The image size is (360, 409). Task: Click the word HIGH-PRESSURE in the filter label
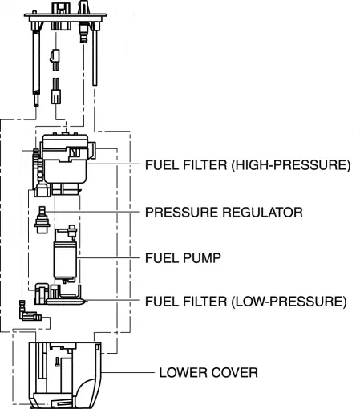(x=291, y=165)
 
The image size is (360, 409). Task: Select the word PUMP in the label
(x=202, y=258)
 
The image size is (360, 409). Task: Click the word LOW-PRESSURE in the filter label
(x=289, y=302)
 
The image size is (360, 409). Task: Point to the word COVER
(x=234, y=373)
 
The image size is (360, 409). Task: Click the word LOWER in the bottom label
(x=183, y=373)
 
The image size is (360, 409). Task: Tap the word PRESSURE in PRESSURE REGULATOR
(x=182, y=213)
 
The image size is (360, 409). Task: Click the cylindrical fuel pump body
(x=65, y=259)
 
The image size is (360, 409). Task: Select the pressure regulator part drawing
(x=42, y=220)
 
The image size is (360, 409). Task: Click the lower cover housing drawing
(x=65, y=375)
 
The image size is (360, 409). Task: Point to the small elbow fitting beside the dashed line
(x=29, y=312)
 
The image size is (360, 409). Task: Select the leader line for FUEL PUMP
(x=107, y=258)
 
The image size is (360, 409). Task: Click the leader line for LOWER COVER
(x=127, y=372)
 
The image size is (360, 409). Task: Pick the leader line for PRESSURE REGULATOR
(x=92, y=212)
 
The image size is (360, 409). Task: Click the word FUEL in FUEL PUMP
(x=162, y=258)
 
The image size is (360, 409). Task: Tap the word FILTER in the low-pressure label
(x=204, y=302)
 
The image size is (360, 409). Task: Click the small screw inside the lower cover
(x=57, y=362)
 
